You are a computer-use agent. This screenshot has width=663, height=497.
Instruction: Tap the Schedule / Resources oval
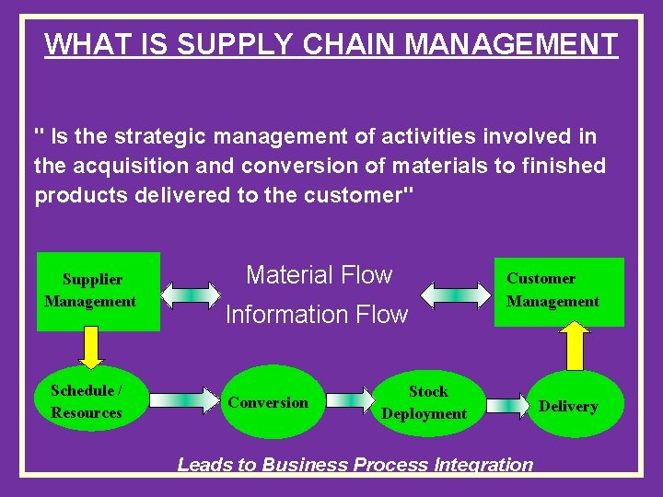87,402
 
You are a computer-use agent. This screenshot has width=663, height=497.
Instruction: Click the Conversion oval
269,403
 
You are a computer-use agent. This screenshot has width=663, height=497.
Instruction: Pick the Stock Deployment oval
425,403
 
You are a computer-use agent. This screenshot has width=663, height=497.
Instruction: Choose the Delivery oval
568,406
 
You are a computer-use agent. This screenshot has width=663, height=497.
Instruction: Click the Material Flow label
319,274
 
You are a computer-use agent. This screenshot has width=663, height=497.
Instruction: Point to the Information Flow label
316,315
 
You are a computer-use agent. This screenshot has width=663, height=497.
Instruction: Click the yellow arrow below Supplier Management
89,346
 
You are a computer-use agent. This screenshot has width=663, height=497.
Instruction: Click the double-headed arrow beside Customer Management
457,295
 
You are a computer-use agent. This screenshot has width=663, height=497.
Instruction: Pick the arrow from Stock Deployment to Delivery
506,402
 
